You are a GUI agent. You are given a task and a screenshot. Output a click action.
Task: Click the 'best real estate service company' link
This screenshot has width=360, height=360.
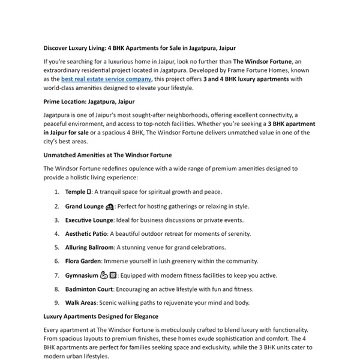point(106,79)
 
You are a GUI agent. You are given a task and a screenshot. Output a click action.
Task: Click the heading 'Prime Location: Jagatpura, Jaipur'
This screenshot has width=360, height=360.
point(89,101)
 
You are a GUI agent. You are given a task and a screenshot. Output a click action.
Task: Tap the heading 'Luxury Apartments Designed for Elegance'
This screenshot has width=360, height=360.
point(100,316)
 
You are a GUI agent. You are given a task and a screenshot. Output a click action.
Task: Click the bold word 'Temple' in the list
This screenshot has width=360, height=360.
point(76,192)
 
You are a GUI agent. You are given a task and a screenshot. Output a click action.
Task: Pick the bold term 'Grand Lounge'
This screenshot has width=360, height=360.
point(85,206)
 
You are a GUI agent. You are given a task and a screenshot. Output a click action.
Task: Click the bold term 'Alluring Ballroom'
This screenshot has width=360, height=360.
point(89,247)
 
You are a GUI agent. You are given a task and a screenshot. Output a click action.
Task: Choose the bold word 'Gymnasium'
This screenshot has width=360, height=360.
point(82,275)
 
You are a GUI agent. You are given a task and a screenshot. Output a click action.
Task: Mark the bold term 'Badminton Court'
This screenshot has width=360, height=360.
point(88,289)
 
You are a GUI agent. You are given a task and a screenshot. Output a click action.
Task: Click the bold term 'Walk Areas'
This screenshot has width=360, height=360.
point(81,303)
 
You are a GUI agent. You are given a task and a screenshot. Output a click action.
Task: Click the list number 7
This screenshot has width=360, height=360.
point(56,275)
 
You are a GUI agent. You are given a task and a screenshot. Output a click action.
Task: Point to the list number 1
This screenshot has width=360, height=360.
point(56,192)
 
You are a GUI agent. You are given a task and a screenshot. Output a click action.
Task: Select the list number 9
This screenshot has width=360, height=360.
point(56,303)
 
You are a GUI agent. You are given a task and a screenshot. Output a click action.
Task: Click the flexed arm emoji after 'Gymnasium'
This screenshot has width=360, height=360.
point(103,275)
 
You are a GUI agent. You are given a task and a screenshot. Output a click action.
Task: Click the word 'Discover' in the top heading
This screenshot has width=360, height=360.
point(57,47)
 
